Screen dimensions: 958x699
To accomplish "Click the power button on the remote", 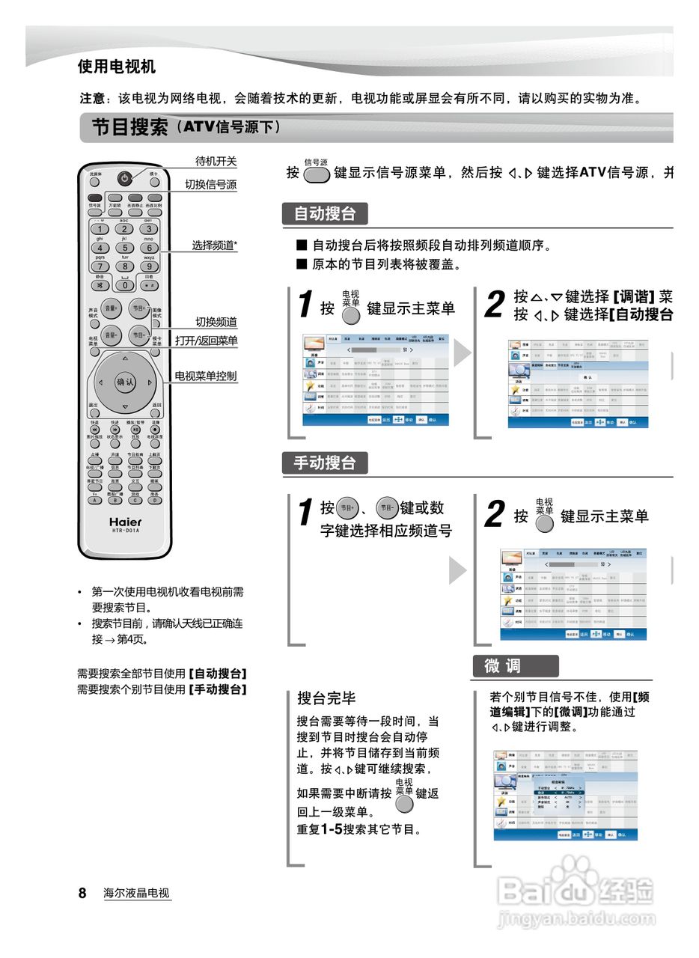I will [124, 178].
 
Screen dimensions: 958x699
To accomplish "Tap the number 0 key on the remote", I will [125, 284].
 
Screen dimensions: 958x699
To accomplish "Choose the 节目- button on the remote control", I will [138, 335].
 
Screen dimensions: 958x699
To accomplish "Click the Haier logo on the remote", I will [125, 521].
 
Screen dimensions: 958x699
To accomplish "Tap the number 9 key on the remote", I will [149, 266].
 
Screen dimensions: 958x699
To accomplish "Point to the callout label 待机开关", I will [216, 161].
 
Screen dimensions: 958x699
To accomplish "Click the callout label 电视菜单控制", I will [206, 376].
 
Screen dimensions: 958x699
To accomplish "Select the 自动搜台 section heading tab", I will [325, 214].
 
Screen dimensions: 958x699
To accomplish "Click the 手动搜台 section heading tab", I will [325, 463].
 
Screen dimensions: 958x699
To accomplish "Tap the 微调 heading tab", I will [514, 666].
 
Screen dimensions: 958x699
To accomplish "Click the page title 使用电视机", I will [117, 67].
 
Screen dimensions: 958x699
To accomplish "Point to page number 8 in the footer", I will [82, 893].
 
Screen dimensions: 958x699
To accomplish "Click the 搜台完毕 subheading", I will [326, 698].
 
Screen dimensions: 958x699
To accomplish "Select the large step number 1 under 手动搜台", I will [305, 514].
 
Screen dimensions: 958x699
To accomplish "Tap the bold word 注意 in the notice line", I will [94, 99].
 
